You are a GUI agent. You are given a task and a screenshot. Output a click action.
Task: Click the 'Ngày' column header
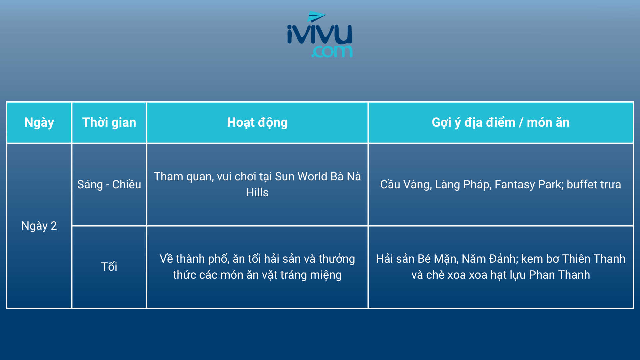tap(39, 122)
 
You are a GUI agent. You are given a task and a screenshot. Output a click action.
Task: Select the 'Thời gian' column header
tap(109, 122)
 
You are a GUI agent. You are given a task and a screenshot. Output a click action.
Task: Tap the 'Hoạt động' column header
tap(257, 123)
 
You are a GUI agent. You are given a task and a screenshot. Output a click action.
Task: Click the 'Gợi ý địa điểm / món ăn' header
tap(501, 123)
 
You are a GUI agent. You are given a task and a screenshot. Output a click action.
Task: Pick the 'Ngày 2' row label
tap(39, 226)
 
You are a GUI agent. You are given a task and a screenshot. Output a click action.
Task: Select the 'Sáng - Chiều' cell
tap(109, 184)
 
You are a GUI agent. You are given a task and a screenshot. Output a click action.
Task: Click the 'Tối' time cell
tap(109, 267)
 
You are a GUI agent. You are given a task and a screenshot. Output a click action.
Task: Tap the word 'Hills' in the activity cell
tap(257, 192)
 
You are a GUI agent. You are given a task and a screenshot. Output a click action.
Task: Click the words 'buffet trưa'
tap(594, 184)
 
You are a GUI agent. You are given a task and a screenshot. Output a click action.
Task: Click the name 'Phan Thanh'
tap(559, 275)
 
